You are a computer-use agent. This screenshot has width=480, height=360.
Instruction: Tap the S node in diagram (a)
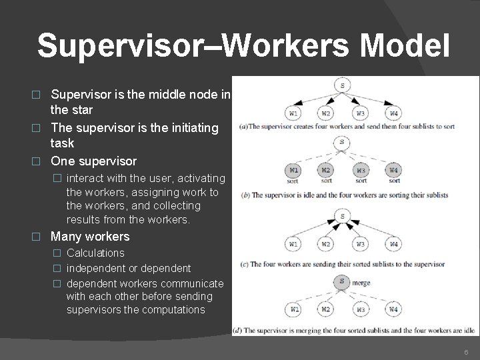pyautogui.click(x=342, y=85)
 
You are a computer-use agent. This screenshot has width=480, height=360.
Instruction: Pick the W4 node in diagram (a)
pyautogui.click(x=394, y=113)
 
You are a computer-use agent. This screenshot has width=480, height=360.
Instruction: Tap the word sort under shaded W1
pyautogui.click(x=292, y=181)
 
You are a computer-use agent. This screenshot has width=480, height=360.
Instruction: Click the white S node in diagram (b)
pyautogui.click(x=342, y=141)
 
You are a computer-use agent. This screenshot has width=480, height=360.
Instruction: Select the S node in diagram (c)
pyautogui.click(x=342, y=216)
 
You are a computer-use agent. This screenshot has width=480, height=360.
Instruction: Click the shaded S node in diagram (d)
pyautogui.click(x=342, y=282)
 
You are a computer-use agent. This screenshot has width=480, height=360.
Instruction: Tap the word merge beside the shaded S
pyautogui.click(x=363, y=282)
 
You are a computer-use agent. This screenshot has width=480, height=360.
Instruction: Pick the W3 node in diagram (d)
pyautogui.click(x=361, y=309)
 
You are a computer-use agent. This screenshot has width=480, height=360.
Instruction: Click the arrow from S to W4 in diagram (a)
pyautogui.click(x=370, y=99)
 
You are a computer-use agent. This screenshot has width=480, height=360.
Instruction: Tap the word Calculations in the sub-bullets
pyautogui.click(x=95, y=253)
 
